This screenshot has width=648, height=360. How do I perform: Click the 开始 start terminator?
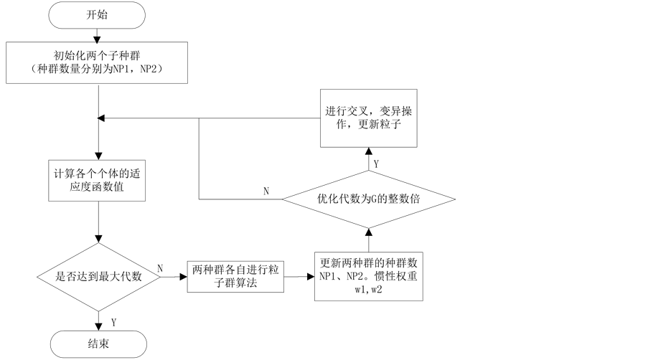click(98, 14)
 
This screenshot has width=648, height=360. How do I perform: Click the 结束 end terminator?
click(98, 344)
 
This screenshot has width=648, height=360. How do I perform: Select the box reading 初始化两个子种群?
click(98, 62)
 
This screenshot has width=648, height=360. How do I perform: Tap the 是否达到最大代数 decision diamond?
click(98, 277)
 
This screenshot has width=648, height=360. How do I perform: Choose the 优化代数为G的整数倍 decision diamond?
click(368, 199)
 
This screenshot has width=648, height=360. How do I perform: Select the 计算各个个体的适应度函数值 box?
click(98, 182)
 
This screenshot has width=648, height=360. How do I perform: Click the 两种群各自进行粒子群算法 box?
click(235, 276)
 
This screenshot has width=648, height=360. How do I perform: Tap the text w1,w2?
click(368, 290)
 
